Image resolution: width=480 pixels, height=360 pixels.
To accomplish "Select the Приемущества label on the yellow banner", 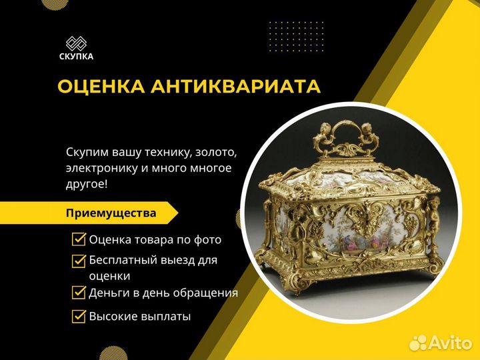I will coord(111,213).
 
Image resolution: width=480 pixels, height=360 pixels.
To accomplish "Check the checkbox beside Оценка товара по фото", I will coord(79,239).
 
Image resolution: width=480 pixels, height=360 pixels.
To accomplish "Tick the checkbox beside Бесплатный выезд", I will coord(79,261).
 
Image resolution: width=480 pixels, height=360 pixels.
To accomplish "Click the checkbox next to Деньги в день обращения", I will coord(79,292).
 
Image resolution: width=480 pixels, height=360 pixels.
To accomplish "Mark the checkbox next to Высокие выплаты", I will coord(79,315).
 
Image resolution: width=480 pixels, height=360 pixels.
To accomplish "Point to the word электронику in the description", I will coord(102,168).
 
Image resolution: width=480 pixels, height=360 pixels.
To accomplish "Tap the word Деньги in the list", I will coord(109,293).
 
